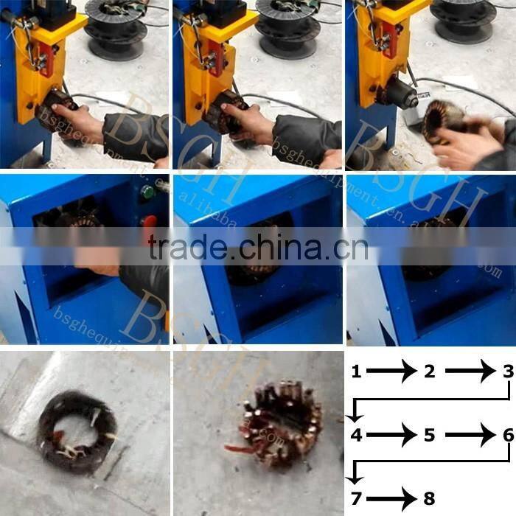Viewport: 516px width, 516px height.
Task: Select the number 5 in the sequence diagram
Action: pos(430,436)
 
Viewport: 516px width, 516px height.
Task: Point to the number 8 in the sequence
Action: pos(430,499)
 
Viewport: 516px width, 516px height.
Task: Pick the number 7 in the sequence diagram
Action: pos(356,499)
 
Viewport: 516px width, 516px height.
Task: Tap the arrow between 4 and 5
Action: pos(391,436)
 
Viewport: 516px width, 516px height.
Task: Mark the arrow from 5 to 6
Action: pos(470,436)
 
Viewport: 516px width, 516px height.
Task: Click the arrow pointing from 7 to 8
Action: pos(391,499)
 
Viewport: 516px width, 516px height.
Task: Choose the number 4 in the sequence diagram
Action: pos(356,436)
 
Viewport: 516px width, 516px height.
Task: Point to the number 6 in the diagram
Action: pos(508,436)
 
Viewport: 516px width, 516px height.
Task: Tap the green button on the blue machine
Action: pos(147,193)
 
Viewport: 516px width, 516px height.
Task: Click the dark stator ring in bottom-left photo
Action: pos(77,430)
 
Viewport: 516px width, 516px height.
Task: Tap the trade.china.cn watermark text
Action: pos(257,248)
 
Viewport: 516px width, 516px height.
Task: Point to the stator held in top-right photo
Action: pos(444,122)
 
